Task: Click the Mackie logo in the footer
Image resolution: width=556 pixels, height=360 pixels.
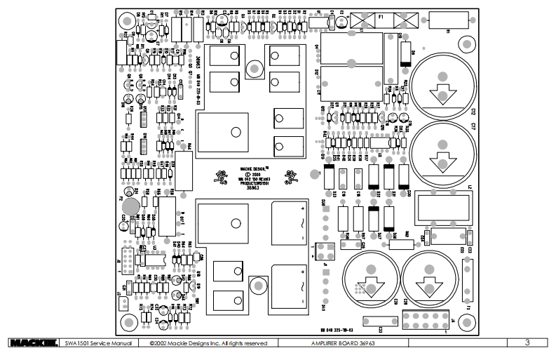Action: click(x=32, y=343)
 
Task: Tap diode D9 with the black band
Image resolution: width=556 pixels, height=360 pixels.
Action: click(x=405, y=55)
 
